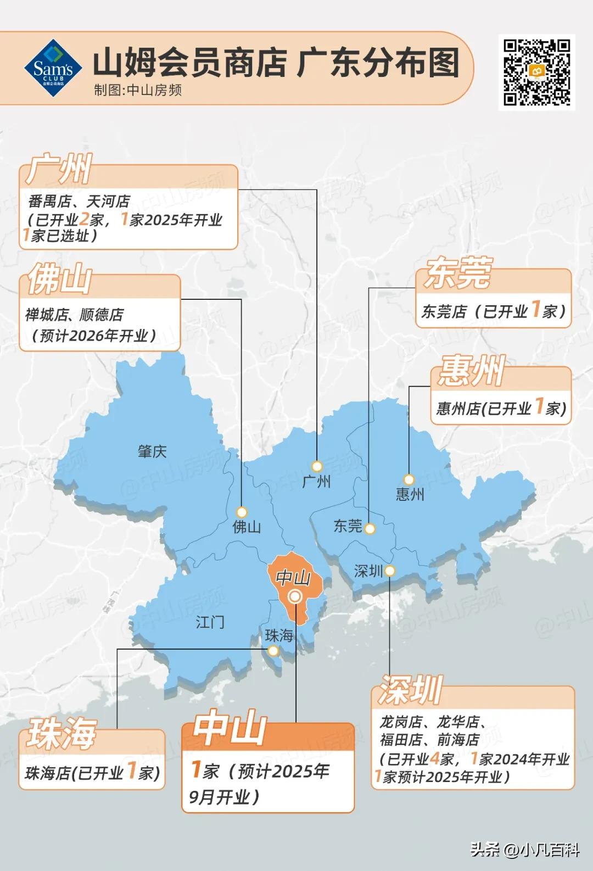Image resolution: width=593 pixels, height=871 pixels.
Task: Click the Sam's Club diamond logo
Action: (53, 69)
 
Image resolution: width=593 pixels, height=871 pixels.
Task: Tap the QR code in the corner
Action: (536, 71)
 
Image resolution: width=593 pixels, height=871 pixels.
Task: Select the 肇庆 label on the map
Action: (152, 451)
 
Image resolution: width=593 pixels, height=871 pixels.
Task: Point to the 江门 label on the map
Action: (210, 622)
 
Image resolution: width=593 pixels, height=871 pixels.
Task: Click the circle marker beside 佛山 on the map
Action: (242, 512)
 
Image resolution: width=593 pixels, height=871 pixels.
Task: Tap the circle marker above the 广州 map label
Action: (317, 466)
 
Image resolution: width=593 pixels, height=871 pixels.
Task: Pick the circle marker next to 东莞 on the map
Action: (370, 529)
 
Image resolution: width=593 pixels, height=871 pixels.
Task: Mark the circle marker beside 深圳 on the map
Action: (389, 571)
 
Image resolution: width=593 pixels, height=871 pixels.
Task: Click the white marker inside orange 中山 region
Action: (295, 596)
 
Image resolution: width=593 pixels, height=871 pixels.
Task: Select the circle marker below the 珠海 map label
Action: (273, 651)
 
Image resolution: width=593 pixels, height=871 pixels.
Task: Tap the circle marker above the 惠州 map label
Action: (409, 479)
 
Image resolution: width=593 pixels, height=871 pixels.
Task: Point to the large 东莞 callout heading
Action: (457, 273)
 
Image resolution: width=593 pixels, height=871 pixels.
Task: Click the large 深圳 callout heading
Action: (410, 690)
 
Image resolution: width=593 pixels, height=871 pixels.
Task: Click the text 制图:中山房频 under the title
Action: (137, 90)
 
